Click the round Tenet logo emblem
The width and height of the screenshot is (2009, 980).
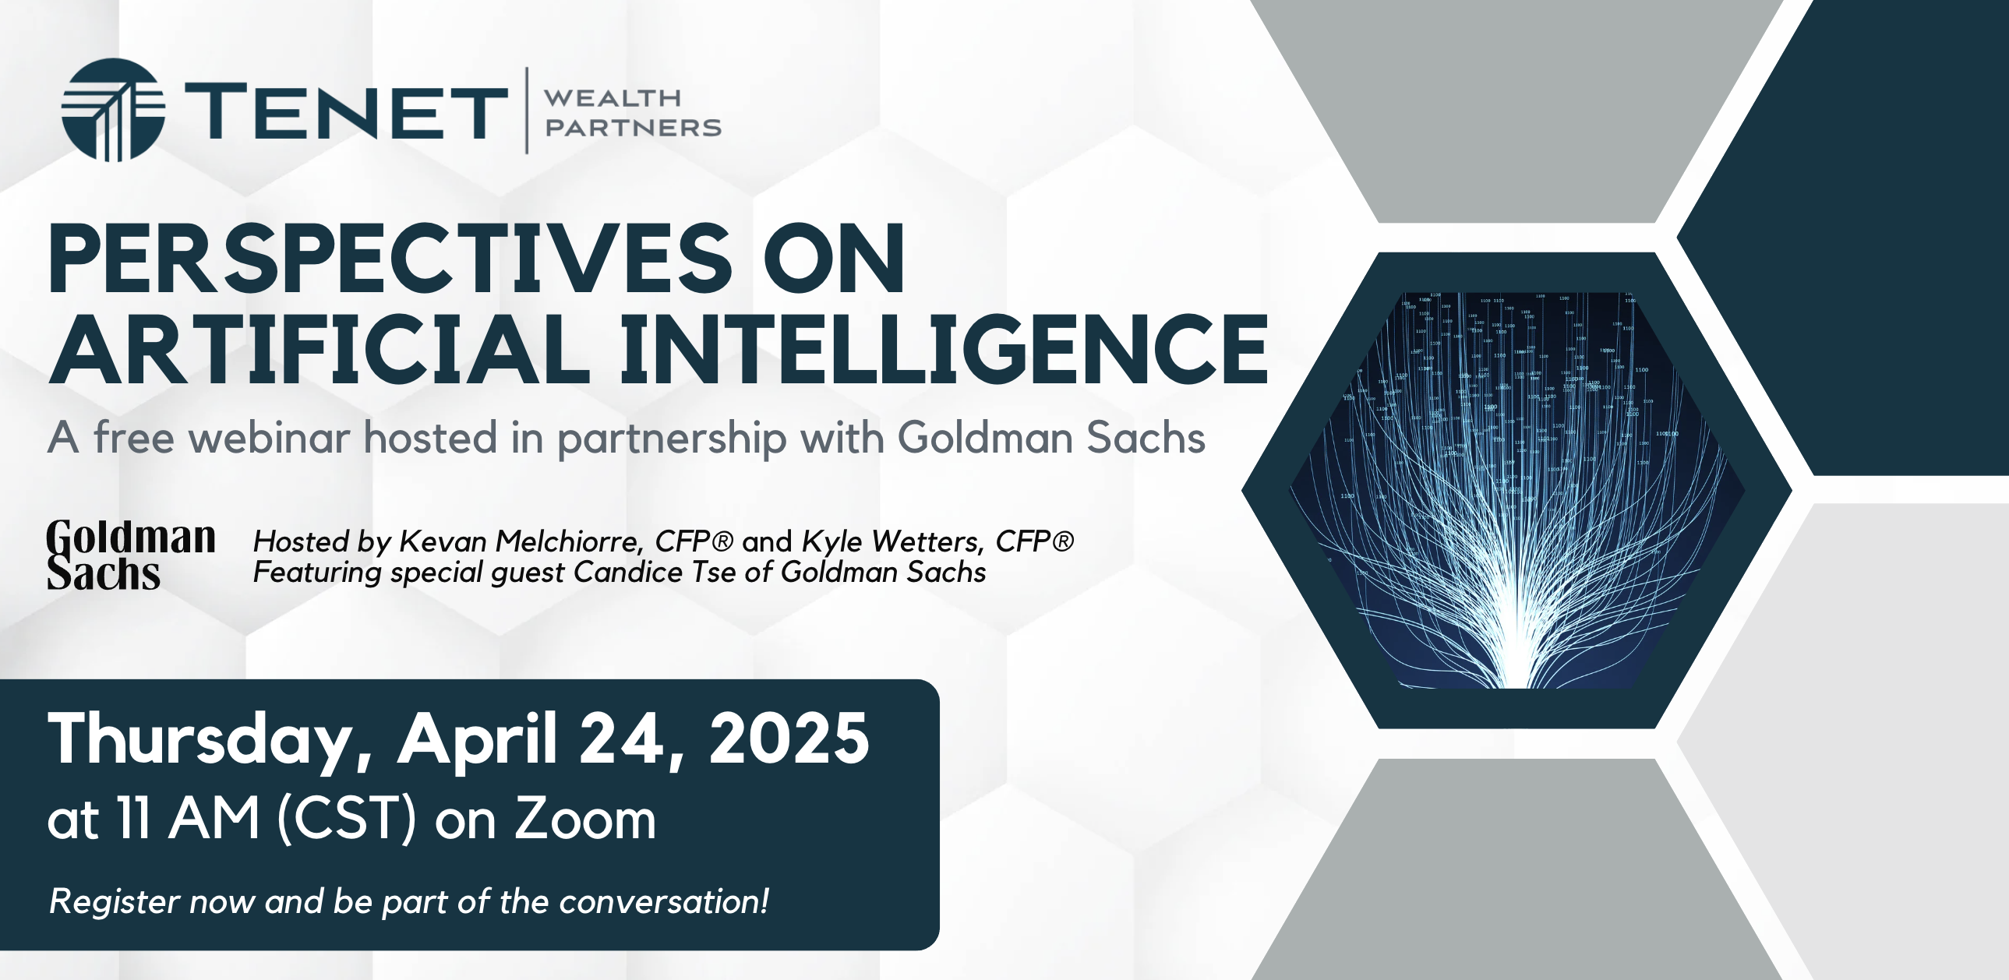(113, 110)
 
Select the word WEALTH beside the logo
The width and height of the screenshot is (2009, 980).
(613, 98)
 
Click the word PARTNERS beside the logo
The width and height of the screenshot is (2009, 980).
(633, 127)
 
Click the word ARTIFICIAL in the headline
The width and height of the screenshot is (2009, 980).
(319, 348)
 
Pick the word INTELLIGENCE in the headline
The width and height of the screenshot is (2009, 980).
(945, 348)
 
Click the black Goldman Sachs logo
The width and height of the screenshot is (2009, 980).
(130, 555)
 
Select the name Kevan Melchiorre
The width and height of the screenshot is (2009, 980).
(521, 541)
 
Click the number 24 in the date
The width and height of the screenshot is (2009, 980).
(633, 739)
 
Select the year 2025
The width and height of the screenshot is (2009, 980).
(789, 739)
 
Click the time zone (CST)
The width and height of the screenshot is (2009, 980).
(347, 820)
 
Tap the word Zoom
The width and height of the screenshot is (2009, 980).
(585, 820)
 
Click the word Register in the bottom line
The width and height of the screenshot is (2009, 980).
(115, 902)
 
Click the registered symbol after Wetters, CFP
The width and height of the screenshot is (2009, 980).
(1063, 541)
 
